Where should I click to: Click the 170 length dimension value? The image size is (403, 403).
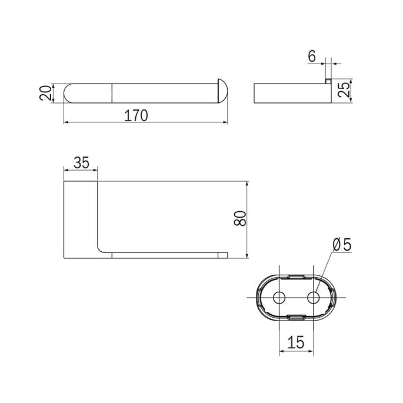(x=135, y=115)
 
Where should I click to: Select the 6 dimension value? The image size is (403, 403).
(x=312, y=56)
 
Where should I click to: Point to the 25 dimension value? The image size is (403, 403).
(x=345, y=91)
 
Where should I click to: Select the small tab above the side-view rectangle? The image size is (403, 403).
(x=329, y=81)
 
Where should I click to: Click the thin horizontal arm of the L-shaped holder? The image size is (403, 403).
(x=165, y=255)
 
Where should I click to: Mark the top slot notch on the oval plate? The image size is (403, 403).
(x=297, y=275)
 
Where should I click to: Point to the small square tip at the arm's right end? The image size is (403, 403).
(x=224, y=255)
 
